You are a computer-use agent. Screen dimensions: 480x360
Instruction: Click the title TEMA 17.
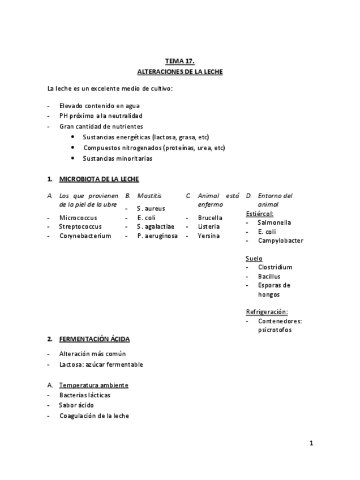[179, 61]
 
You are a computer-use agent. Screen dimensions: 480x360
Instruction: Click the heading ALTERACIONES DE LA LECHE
[180, 72]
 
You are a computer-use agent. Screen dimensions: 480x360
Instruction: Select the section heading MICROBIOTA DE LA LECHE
[98, 179]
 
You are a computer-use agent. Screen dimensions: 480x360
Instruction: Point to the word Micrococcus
[78, 217]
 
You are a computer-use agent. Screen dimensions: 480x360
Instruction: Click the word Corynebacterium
[85, 235]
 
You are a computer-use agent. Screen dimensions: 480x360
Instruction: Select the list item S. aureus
[151, 208]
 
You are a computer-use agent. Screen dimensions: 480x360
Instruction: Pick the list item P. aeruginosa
[157, 235]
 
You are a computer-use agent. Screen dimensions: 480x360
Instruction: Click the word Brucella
[210, 217]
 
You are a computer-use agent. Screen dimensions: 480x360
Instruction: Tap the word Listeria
[209, 226]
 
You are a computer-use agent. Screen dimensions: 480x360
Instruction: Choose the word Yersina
[208, 235]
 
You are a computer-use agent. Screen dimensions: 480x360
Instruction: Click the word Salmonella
[275, 222]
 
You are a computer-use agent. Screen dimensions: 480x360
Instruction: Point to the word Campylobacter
[280, 241]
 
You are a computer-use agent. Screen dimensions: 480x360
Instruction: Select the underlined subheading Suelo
[254, 258]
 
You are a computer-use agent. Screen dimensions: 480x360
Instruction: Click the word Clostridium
[275, 267]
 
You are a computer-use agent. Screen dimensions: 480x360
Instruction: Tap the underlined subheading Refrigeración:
[267, 312]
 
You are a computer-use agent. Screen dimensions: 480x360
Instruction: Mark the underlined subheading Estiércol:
[260, 213]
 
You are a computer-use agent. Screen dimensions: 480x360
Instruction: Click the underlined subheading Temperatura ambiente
[93, 385]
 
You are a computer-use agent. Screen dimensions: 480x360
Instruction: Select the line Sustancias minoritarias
[117, 158]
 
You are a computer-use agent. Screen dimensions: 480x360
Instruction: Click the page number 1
[311, 443]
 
